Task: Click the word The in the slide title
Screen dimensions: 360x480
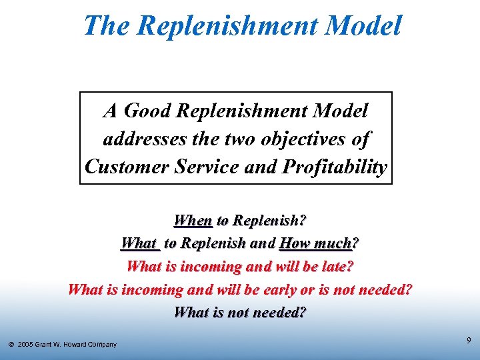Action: [108, 26]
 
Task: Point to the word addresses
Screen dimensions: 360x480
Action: [142, 139]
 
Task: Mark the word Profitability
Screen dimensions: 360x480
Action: [335, 167]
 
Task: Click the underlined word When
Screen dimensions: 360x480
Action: [193, 220]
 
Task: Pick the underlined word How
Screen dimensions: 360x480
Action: [295, 243]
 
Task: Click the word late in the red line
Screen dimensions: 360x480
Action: [337, 266]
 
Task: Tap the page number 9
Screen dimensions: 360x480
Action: [469, 341]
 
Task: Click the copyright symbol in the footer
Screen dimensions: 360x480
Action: [11, 345]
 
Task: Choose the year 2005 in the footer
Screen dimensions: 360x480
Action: [27, 345]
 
